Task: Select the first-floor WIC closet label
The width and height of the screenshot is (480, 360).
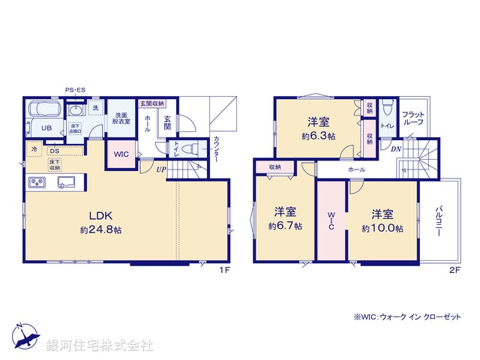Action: (121, 154)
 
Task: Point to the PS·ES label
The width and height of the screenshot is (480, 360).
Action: (75, 90)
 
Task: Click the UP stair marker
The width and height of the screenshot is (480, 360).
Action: (161, 169)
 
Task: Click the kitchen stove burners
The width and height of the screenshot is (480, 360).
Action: (37, 182)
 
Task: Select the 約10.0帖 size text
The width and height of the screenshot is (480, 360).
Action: (382, 227)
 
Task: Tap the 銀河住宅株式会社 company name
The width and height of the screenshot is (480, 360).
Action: (99, 346)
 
